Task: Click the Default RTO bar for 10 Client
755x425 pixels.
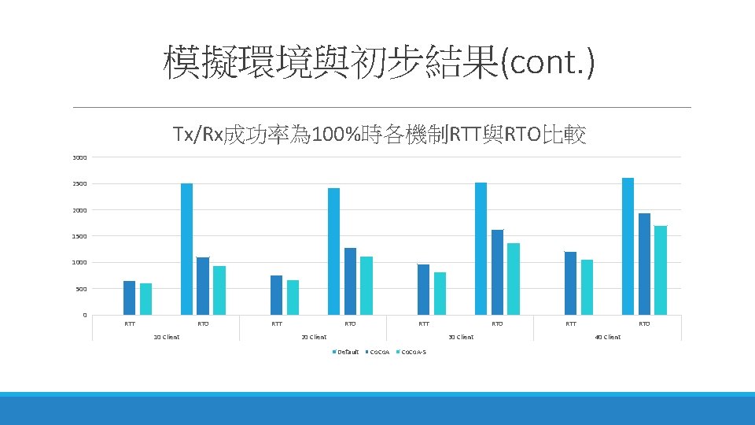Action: click(x=186, y=249)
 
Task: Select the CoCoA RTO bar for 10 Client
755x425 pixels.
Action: click(x=203, y=286)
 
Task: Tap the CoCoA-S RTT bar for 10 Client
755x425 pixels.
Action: click(x=145, y=299)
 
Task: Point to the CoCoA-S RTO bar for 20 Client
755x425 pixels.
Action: click(x=366, y=286)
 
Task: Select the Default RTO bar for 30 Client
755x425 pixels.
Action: click(x=481, y=249)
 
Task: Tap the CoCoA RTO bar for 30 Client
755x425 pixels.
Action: click(x=497, y=272)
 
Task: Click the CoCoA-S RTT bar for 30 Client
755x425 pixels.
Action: click(x=440, y=294)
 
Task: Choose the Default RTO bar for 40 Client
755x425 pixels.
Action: click(x=628, y=246)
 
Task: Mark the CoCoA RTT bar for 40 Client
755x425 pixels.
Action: click(x=570, y=283)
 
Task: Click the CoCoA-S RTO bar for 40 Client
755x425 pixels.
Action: click(x=661, y=270)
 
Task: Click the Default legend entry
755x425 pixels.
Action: click(x=345, y=352)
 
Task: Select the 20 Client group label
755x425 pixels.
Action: click(x=314, y=337)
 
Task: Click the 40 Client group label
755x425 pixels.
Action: click(x=608, y=337)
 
